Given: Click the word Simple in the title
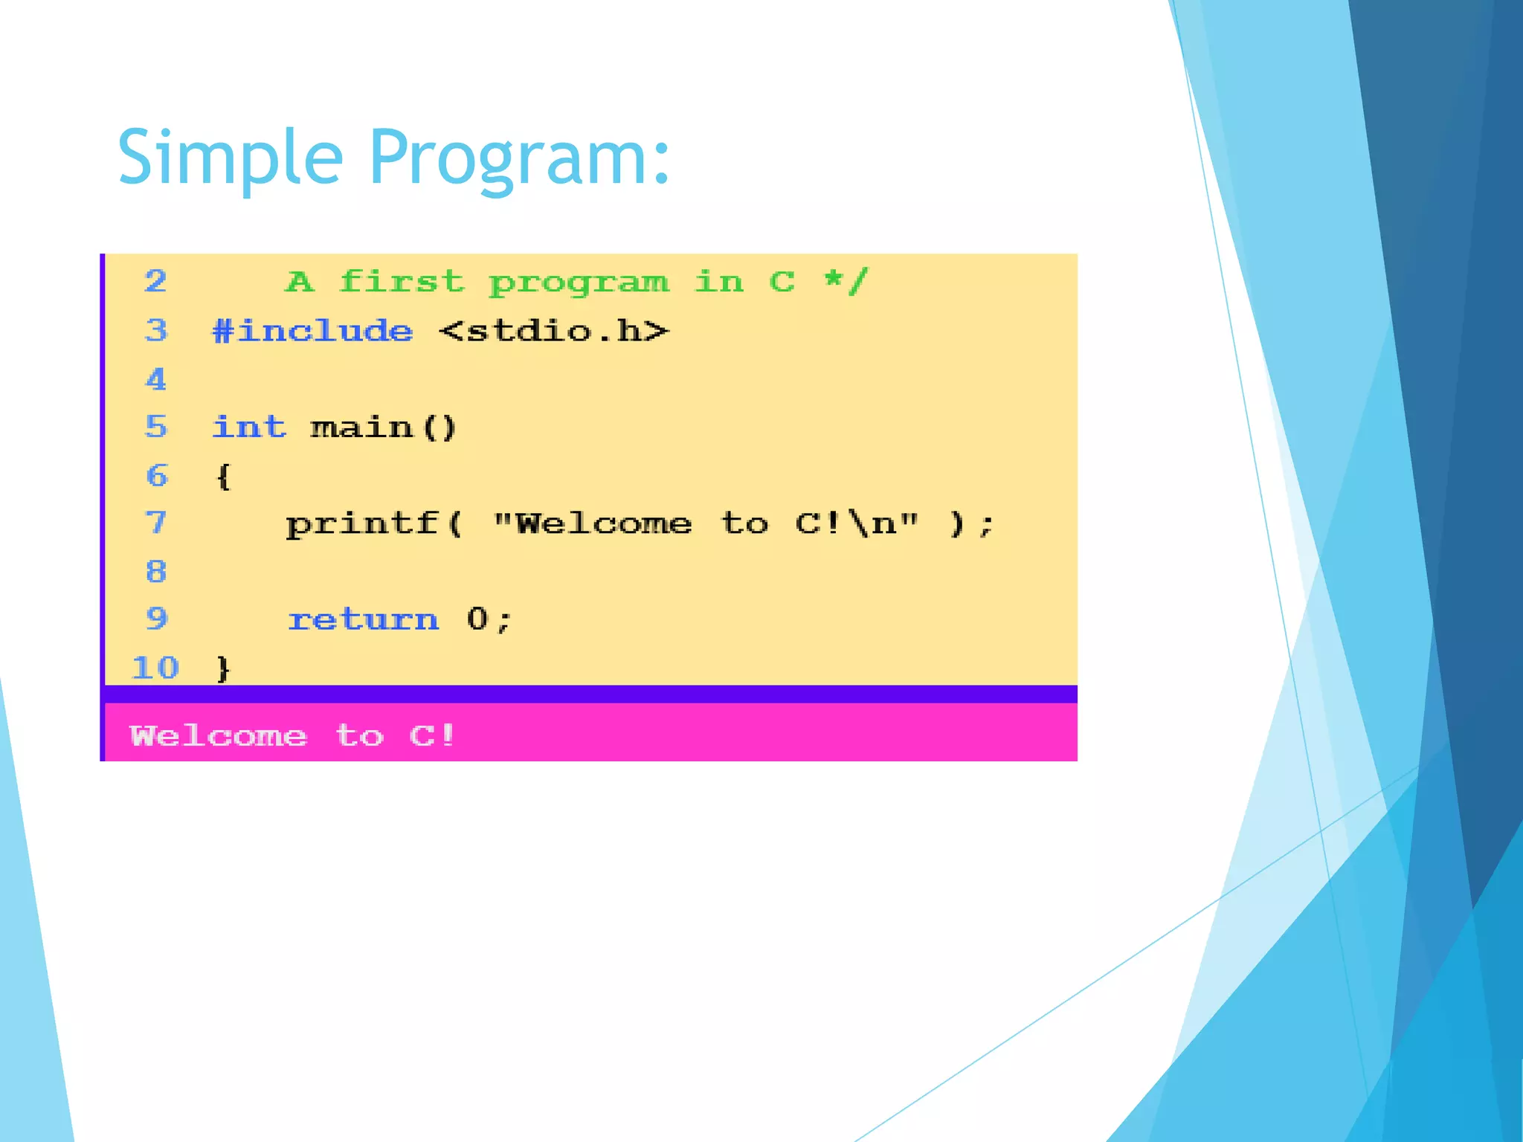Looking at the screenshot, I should (229, 158).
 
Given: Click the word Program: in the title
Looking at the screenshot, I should (519, 158).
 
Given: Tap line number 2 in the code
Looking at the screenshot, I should (155, 281).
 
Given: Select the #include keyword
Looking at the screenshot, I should (312, 331).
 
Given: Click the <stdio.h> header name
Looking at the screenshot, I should (554, 331).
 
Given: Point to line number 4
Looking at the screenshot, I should (155, 380).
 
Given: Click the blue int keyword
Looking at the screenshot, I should (248, 428).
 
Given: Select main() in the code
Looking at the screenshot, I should (383, 428).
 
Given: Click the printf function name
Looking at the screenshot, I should (363, 524).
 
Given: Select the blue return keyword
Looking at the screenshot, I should (363, 619).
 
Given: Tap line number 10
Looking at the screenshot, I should (155, 668).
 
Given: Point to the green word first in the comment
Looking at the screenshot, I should (402, 282).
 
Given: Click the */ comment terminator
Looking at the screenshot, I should (846, 282).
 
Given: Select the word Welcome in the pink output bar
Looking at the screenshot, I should (218, 736).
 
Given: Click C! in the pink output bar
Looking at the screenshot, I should (432, 736).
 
